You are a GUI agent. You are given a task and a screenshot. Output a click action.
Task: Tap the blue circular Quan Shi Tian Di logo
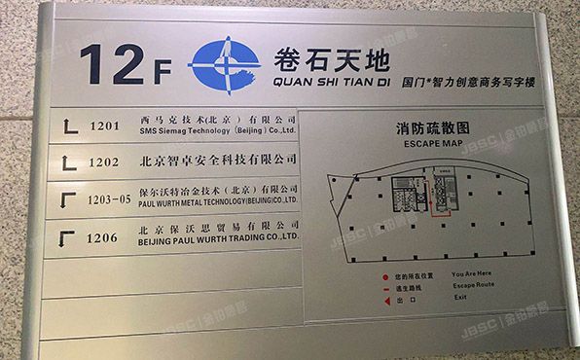coord(225,63)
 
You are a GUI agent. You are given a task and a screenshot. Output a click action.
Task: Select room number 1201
coord(104,126)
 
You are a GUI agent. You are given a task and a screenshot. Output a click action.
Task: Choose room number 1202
coord(104,162)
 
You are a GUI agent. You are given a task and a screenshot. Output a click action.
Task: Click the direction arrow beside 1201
coord(69,125)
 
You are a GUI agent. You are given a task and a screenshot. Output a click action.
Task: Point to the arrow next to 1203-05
coord(68,198)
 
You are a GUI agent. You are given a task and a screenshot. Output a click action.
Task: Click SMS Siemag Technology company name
coord(217,128)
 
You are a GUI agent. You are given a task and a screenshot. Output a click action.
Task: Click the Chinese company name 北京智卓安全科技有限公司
coord(218,159)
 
